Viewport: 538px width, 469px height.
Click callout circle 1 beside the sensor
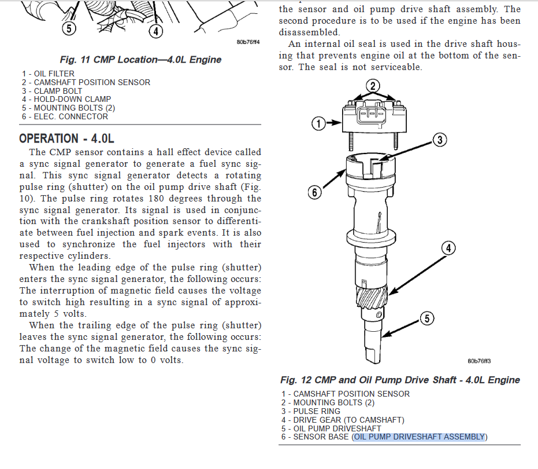[317, 123]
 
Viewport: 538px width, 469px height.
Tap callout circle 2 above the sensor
[373, 86]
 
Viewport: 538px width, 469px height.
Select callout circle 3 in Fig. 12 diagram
[440, 140]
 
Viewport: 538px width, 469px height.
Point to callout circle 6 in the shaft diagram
[314, 192]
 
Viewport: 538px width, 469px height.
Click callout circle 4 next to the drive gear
[448, 248]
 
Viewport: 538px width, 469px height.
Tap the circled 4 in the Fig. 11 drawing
[155, 31]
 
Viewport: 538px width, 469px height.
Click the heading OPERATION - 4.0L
[67, 138]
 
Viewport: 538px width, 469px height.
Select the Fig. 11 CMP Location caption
[140, 60]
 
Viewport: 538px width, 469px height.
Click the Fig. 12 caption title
[400, 380]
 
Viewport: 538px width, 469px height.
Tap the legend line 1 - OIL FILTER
[49, 74]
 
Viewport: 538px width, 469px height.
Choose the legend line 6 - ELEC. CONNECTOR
[65, 116]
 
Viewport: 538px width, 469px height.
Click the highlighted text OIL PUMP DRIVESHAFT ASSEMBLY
[420, 437]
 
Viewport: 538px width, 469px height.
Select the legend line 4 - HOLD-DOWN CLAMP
[66, 99]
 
